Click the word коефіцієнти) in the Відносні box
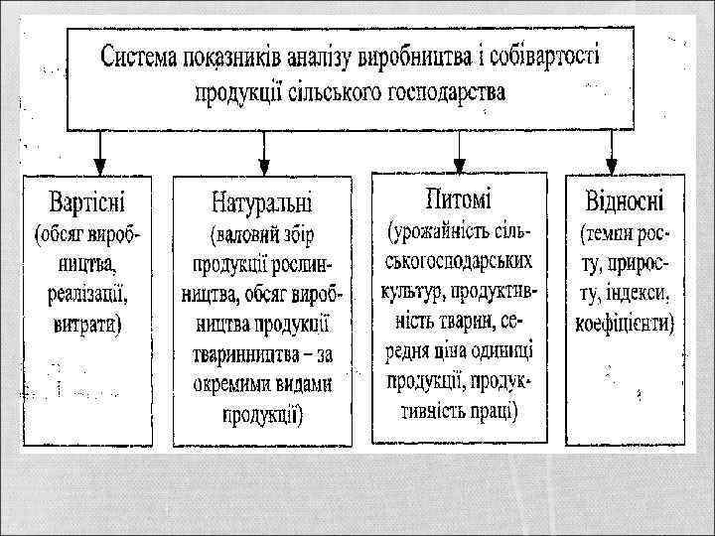624,323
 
